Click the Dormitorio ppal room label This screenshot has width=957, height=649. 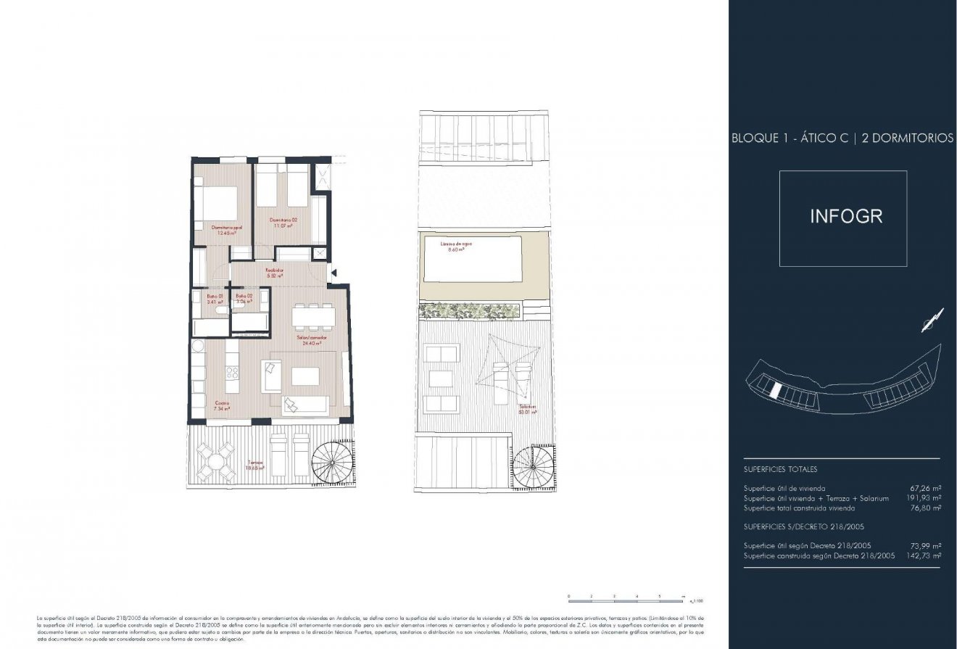(x=226, y=230)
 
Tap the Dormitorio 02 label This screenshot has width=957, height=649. (x=283, y=223)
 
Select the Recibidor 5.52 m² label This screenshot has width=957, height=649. (x=273, y=273)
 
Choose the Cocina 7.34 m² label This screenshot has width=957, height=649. (x=222, y=406)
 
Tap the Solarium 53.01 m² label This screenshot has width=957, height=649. (x=527, y=410)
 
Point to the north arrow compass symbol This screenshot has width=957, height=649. (x=932, y=321)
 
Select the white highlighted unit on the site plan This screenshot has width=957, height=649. (x=776, y=391)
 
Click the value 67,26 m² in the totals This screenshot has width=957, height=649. (x=925, y=489)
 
